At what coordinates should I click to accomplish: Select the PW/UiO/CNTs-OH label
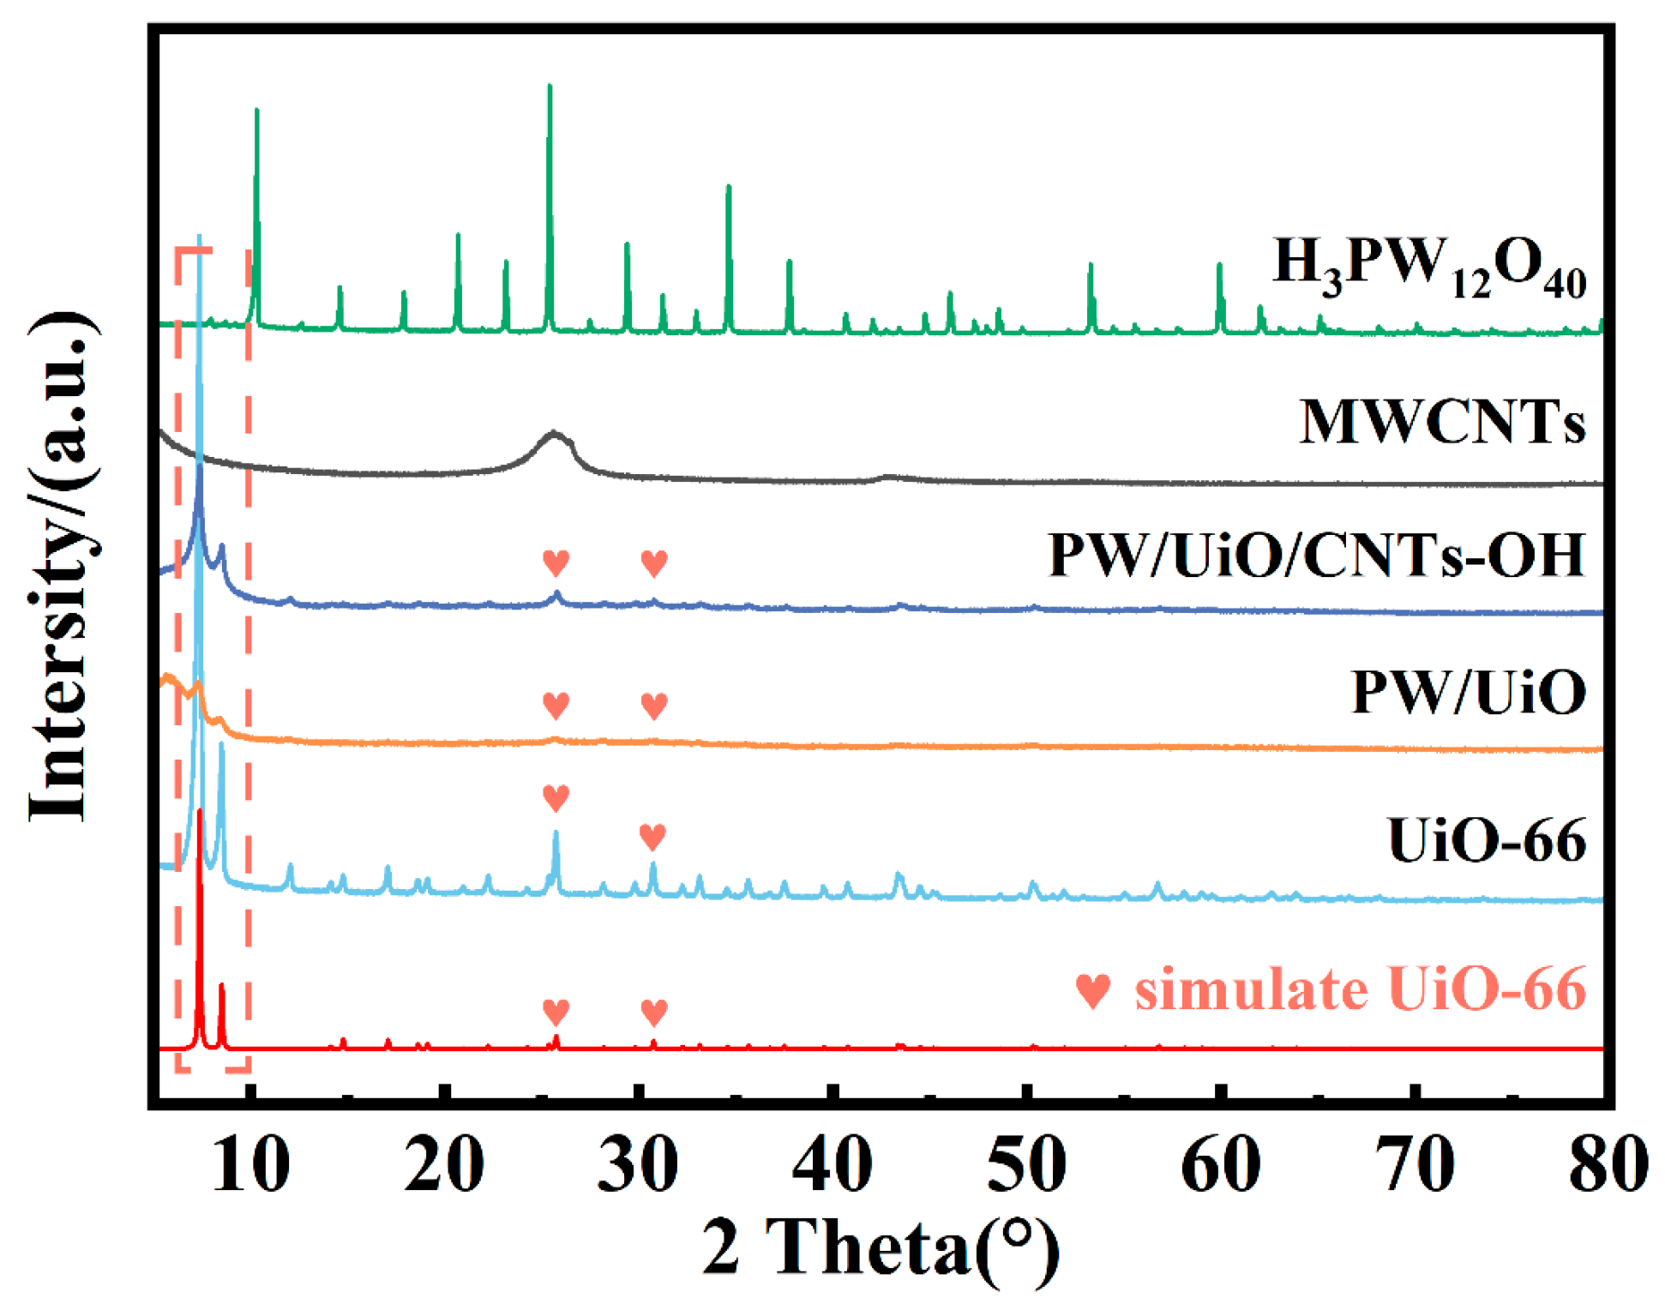1316,556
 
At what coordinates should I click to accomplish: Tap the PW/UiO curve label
1468,693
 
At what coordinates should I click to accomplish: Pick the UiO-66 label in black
1486,841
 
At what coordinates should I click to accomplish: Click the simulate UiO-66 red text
1360,989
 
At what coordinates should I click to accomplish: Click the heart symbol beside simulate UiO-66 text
1093,991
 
